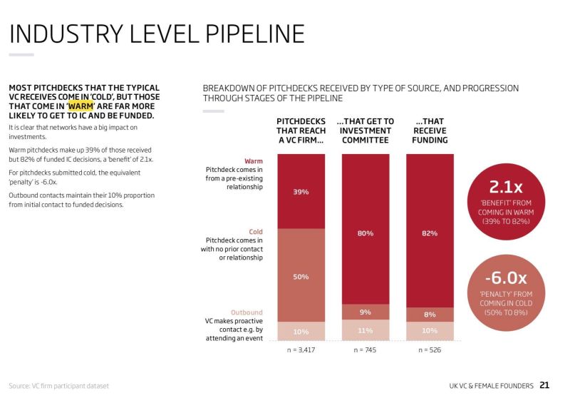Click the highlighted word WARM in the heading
tap(81, 106)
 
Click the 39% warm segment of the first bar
tap(301, 191)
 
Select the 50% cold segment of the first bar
tap(301, 275)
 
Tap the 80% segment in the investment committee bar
tap(366, 233)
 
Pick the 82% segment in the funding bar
tap(430, 233)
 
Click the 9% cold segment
tap(366, 312)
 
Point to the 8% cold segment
tap(430, 314)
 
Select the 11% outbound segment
tap(366, 330)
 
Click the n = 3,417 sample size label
tap(301, 350)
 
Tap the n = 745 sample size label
tap(366, 350)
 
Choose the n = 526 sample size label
tap(430, 350)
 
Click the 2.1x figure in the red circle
tap(506, 188)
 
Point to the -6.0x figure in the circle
tap(506, 278)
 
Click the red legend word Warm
tap(254, 161)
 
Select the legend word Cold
tap(256, 232)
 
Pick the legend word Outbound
tap(247, 312)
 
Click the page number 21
tap(544, 385)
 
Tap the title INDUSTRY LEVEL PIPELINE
tap(157, 34)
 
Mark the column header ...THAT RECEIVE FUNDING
tap(430, 131)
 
